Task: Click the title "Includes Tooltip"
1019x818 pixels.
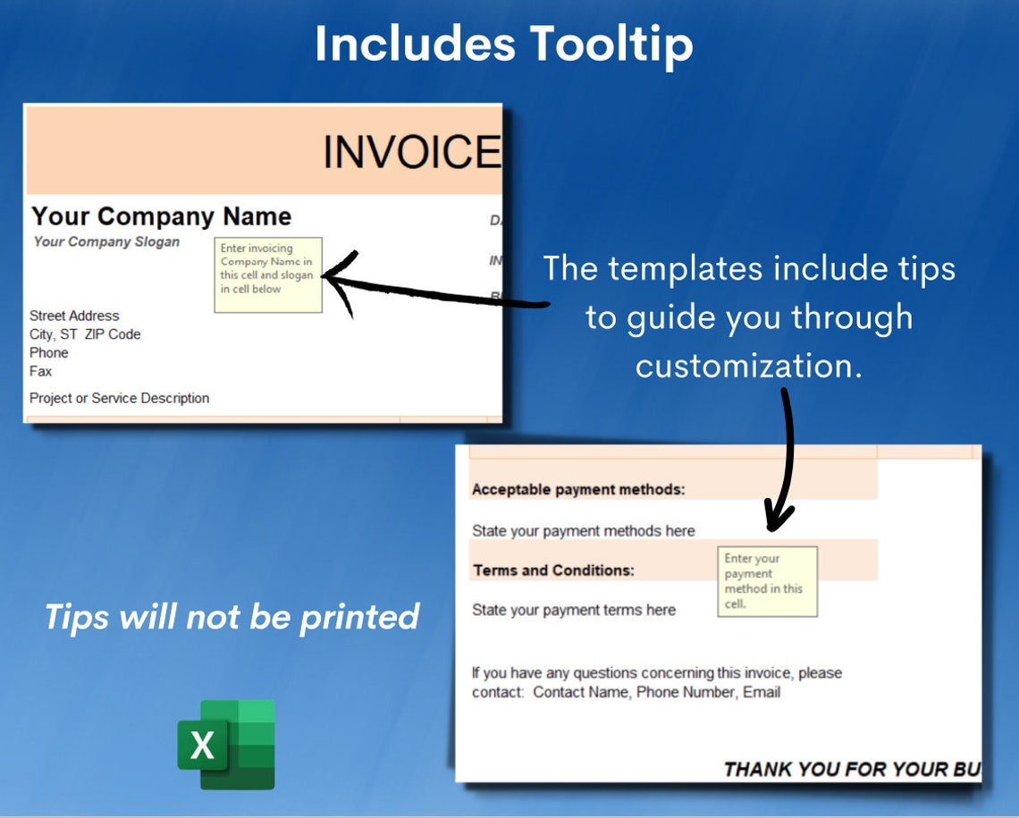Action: click(x=503, y=44)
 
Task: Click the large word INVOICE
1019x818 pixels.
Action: click(x=411, y=152)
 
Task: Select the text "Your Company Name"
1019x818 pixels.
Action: click(x=161, y=216)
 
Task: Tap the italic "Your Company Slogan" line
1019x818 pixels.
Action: click(x=106, y=241)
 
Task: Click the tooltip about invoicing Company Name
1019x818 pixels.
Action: click(x=267, y=274)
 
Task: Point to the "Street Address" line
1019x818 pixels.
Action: click(x=74, y=316)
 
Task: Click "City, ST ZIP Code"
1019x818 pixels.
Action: click(x=85, y=334)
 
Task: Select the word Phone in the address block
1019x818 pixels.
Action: click(x=48, y=353)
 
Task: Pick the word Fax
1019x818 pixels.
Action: click(x=40, y=371)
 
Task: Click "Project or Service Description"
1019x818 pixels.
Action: click(x=119, y=398)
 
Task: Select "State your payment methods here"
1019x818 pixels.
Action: click(x=583, y=531)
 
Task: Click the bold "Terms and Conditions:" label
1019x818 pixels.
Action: click(x=553, y=570)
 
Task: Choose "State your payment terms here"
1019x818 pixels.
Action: click(x=573, y=610)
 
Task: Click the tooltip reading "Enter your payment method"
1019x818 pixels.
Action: click(x=767, y=581)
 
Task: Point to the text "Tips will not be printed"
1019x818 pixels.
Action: click(x=232, y=616)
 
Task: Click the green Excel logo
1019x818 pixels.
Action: click(x=226, y=744)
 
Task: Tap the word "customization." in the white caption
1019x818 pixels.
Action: click(x=748, y=365)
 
